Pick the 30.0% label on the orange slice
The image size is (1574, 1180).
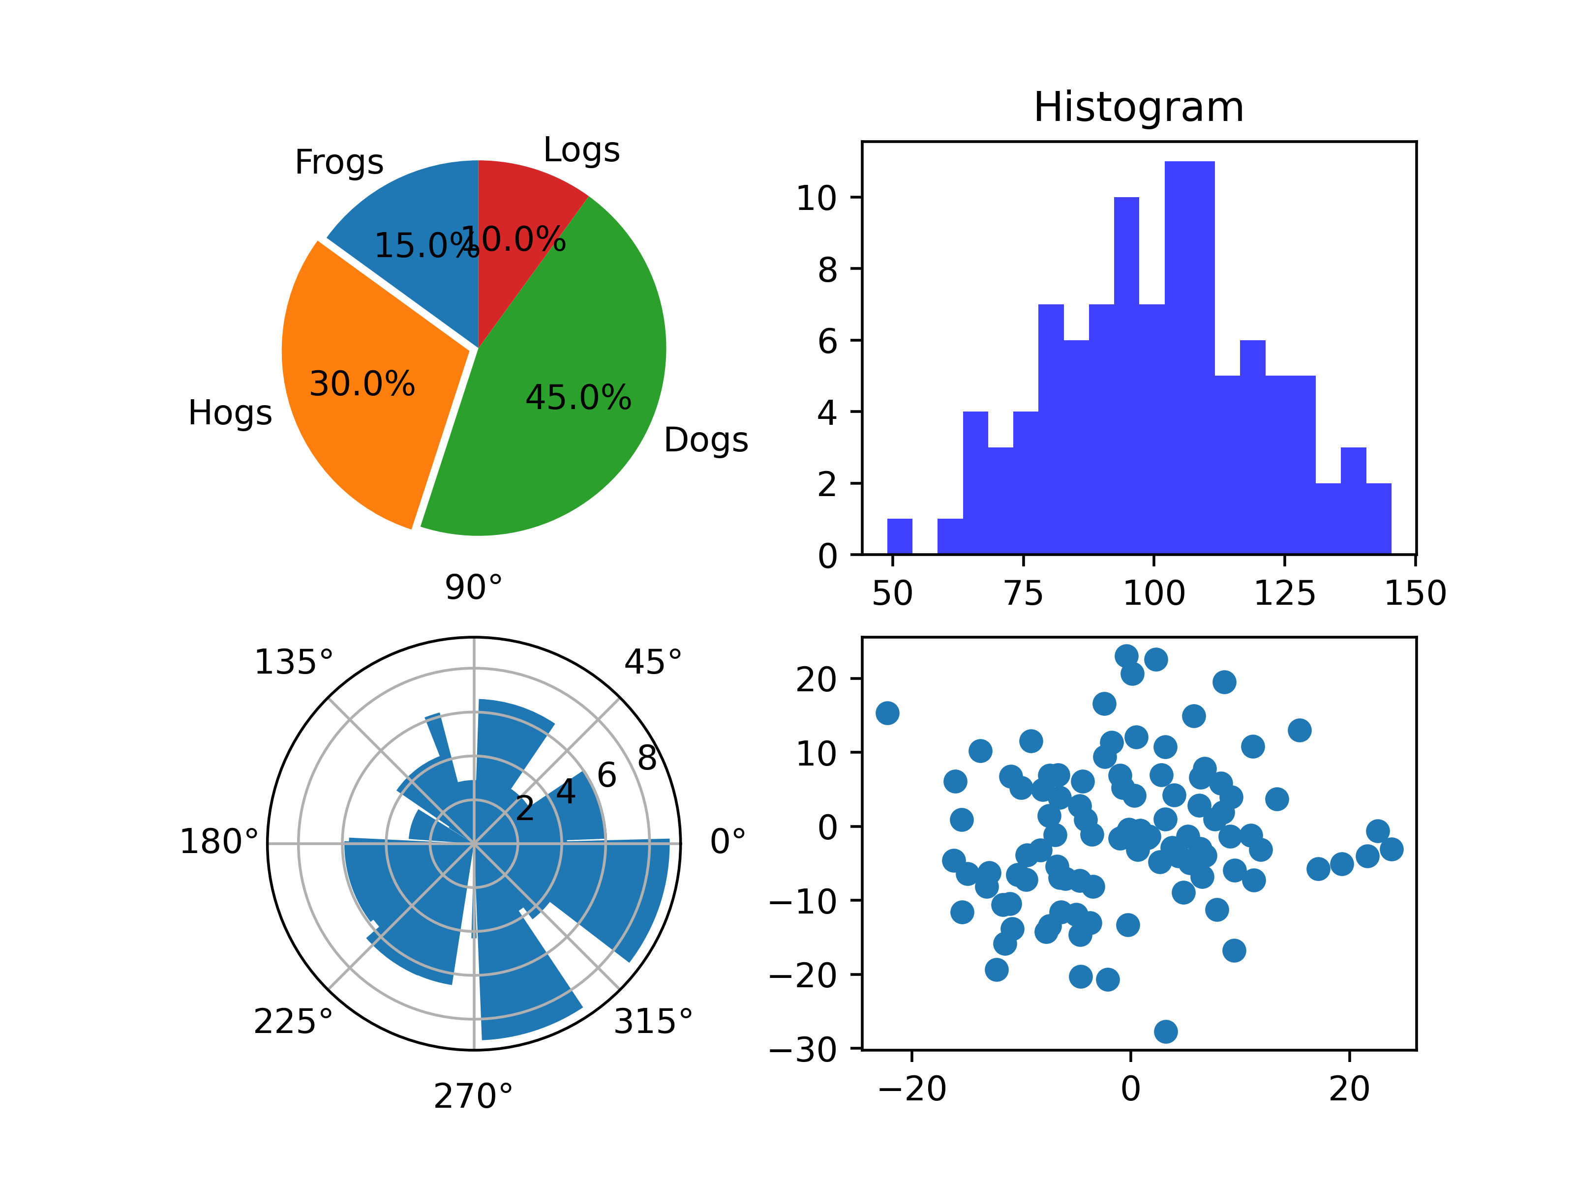(362, 384)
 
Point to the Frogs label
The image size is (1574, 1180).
(339, 162)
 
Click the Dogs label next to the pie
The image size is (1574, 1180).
(706, 440)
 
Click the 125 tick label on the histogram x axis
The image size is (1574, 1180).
(1284, 593)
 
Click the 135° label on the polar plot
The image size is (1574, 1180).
(293, 662)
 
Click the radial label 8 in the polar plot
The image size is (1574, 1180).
(647, 758)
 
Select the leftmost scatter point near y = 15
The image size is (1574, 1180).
(887, 713)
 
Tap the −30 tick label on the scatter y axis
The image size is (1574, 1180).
(804, 1050)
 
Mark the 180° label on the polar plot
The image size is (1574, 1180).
(218, 842)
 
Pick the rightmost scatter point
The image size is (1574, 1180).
(1391, 849)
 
